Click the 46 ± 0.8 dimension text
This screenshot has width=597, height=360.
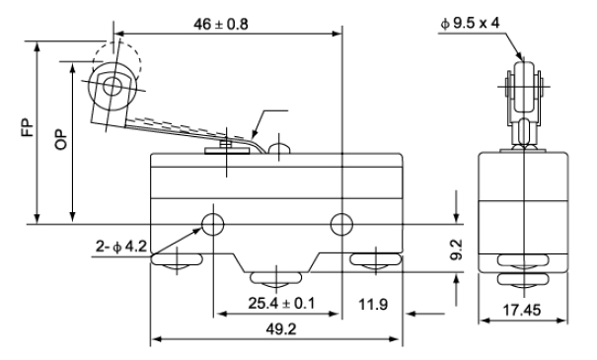click(220, 24)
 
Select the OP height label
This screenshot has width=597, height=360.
click(61, 140)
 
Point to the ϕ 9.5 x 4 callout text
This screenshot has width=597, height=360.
click(470, 24)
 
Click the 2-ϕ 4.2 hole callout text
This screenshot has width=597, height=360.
click(121, 247)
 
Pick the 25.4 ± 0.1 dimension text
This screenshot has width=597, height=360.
click(282, 304)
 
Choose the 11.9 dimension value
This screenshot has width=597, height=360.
click(373, 304)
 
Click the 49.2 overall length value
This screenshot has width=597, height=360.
click(281, 328)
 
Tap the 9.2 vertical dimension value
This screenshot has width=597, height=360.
click(456, 250)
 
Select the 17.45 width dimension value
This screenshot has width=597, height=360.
click(522, 310)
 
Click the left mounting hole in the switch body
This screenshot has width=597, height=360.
click(213, 225)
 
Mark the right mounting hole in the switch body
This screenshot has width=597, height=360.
click(341, 225)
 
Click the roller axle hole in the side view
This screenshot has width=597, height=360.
click(112, 87)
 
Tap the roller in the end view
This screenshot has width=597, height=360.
click(524, 87)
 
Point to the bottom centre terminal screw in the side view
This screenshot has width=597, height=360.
click(275, 280)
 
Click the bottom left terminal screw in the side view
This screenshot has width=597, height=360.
click(177, 262)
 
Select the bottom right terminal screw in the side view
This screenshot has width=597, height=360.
click(375, 261)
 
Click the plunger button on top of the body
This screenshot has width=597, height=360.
click(279, 149)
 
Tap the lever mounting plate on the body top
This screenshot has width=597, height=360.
click(227, 151)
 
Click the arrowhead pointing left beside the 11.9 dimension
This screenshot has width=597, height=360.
click(410, 314)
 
